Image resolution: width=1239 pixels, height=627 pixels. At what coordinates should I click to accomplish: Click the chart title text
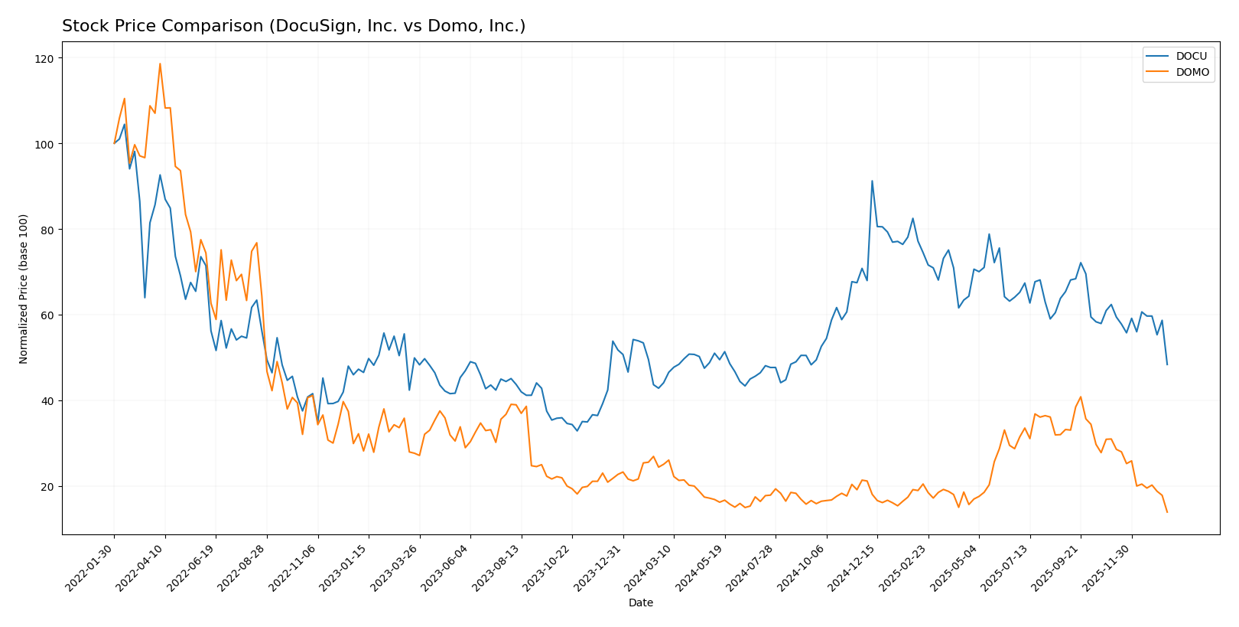pos(294,26)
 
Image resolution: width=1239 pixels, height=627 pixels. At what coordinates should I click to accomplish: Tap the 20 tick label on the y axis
pos(47,486)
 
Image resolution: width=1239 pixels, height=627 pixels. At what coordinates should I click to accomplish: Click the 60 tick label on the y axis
pos(47,315)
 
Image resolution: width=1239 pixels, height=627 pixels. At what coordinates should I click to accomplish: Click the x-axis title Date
pos(640,603)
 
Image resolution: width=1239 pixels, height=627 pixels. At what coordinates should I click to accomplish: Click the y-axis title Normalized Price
pos(24,289)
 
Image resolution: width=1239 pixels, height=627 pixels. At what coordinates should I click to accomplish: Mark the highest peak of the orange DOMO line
pos(160,64)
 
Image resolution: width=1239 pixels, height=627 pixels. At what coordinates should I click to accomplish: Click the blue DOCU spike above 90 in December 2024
pos(872,181)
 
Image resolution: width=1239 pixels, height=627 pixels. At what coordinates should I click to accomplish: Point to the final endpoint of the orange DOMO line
pos(1167,512)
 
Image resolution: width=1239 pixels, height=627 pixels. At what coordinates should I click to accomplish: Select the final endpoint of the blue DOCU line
pos(1167,364)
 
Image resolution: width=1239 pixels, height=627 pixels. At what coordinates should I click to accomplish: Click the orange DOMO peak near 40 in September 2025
pos(1081,397)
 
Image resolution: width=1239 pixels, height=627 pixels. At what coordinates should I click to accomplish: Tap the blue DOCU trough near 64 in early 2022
pos(145,298)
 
